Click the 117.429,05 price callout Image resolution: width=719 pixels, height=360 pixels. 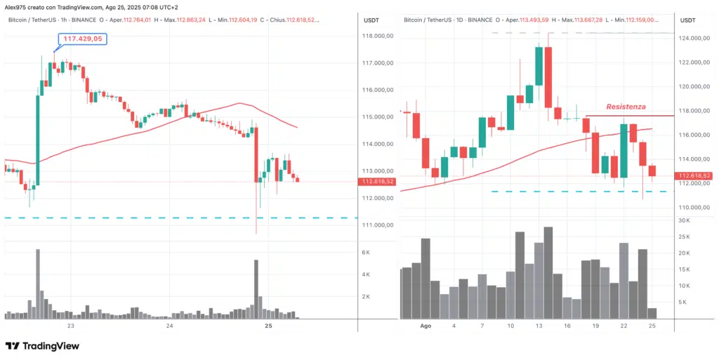(81, 39)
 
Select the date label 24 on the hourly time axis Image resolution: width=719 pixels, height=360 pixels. (169, 326)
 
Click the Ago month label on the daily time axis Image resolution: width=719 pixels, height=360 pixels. (425, 326)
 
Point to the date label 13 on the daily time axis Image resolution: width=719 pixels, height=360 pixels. (538, 326)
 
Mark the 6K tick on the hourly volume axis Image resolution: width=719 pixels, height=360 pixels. (365, 252)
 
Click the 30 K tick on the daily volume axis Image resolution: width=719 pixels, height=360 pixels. (684, 220)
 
